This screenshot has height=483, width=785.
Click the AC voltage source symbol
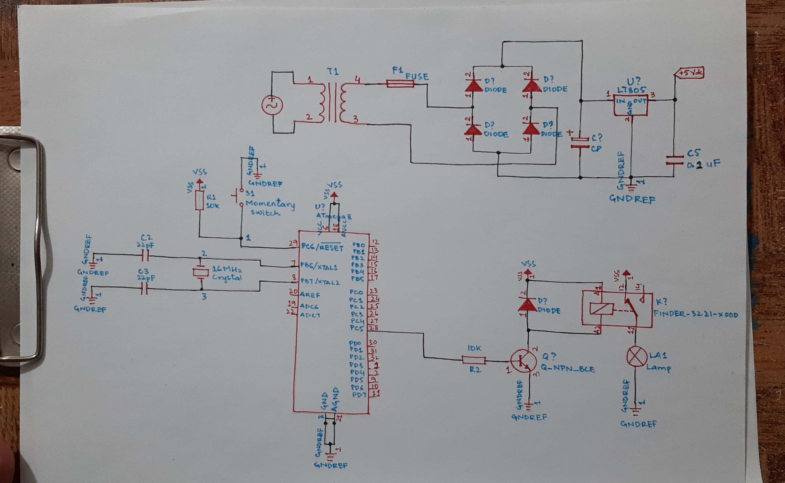272,105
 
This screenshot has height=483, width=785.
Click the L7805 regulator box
630,105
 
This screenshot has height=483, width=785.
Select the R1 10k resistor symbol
200,200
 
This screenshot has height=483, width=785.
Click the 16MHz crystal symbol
201,272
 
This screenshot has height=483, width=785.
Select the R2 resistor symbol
474,360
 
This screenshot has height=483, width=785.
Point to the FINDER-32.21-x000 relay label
695,314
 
